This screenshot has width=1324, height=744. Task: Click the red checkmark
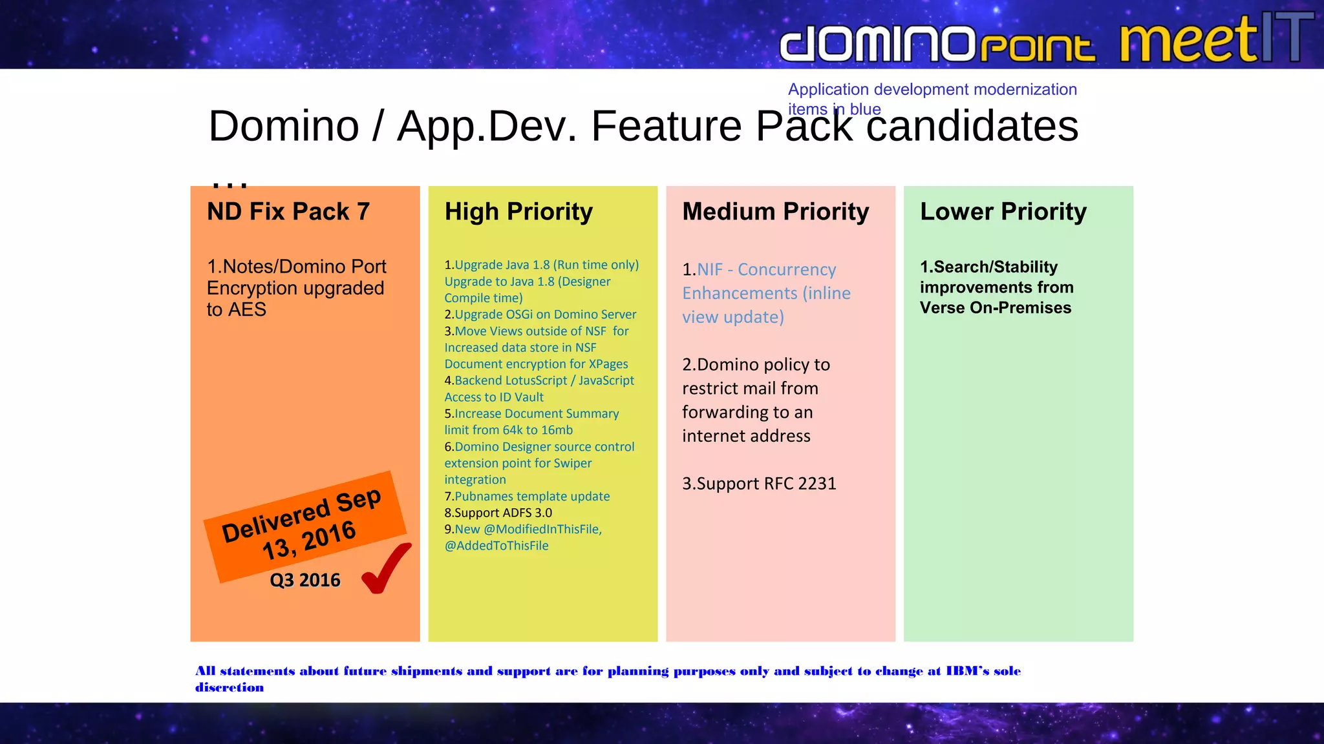click(386, 568)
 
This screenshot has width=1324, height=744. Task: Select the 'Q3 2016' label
click(305, 580)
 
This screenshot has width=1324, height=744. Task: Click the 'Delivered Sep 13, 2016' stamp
click(304, 524)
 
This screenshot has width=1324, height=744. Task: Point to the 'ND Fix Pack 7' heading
click(288, 212)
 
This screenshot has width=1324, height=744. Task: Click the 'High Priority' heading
click(518, 212)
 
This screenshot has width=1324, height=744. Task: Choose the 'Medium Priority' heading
click(776, 212)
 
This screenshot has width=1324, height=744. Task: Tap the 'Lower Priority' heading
click(1003, 212)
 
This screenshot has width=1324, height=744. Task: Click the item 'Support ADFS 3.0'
click(503, 513)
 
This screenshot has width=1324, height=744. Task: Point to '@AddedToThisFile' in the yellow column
click(496, 546)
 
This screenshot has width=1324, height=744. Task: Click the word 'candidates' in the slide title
click(972, 126)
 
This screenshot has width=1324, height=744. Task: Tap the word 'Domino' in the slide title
click(284, 126)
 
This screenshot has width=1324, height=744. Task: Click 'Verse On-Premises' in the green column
click(996, 308)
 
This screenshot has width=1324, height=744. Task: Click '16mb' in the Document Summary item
click(557, 430)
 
